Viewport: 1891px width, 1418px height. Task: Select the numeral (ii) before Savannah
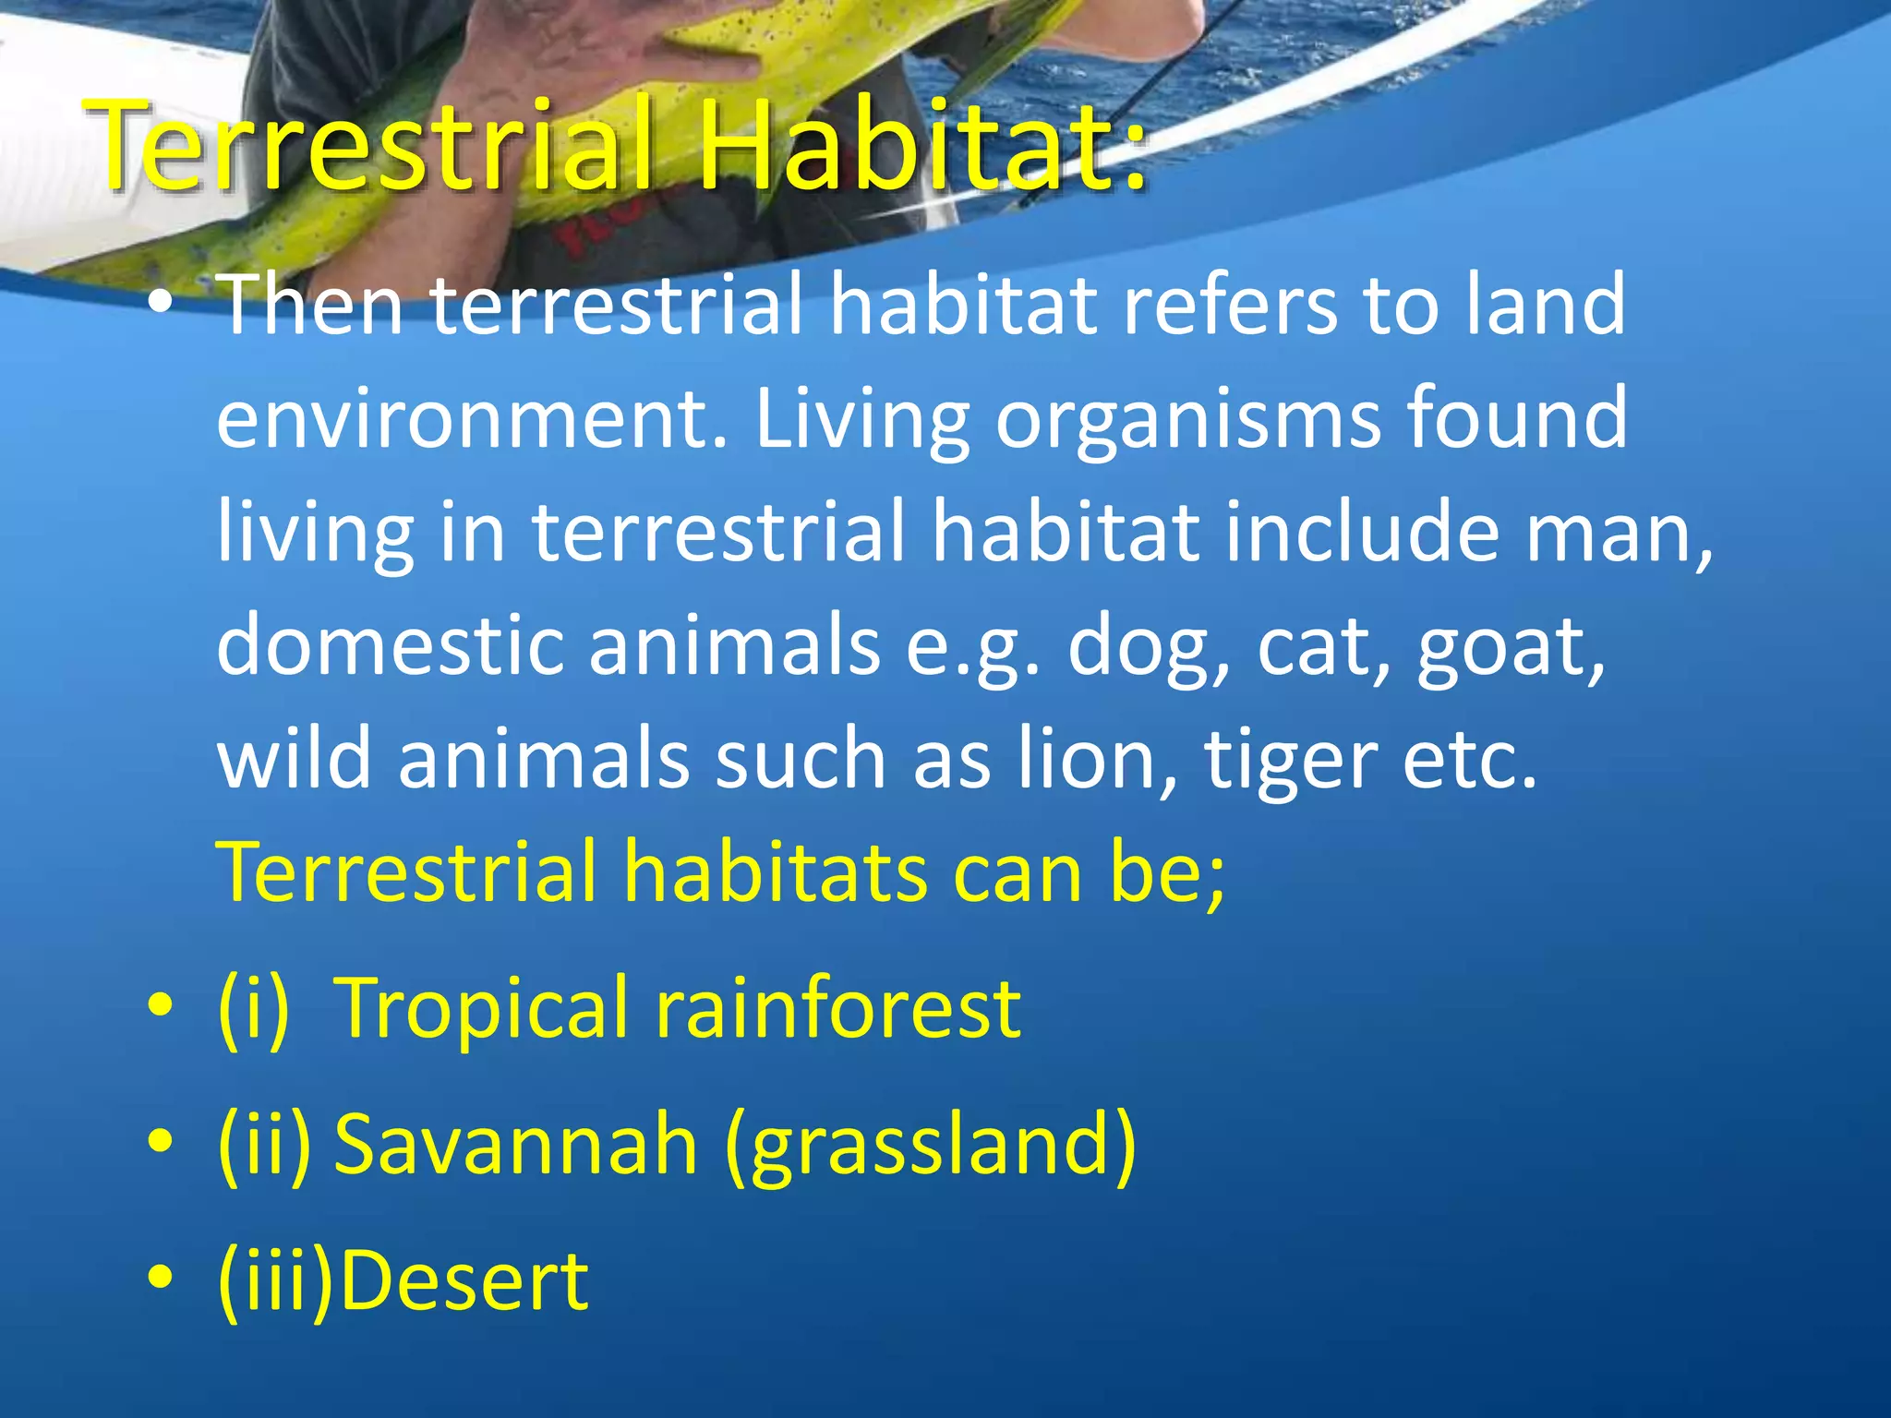pyautogui.click(x=265, y=1145)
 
